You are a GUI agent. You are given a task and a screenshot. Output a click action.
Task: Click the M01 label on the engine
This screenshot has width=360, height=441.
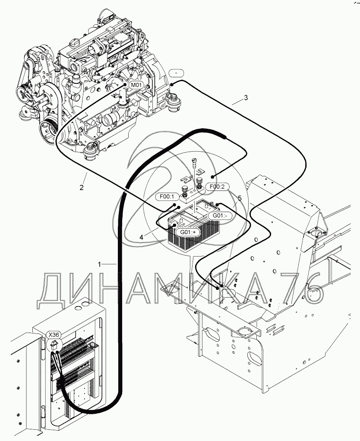click(136, 85)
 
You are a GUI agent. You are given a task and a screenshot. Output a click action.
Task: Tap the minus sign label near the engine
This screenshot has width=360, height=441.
click(177, 73)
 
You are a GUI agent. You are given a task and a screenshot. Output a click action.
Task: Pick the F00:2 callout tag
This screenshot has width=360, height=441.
click(217, 187)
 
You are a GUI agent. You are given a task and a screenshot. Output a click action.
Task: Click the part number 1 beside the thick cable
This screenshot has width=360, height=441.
click(100, 263)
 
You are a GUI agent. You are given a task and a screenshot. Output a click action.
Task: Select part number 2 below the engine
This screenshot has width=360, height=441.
click(81, 187)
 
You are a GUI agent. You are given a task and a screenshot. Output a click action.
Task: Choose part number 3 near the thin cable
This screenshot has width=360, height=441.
click(246, 98)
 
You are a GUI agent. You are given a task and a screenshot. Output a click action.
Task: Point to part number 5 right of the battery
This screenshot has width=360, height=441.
click(240, 198)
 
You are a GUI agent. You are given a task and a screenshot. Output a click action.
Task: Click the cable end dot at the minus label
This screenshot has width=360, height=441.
click(171, 84)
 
